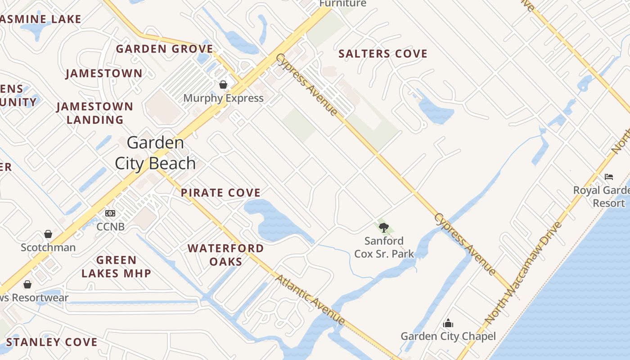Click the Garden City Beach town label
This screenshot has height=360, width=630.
pyautogui.click(x=155, y=153)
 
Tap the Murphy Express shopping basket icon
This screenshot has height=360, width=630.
pyautogui.click(x=223, y=85)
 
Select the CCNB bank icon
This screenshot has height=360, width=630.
pyautogui.click(x=110, y=213)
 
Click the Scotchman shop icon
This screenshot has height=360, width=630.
pyautogui.click(x=48, y=234)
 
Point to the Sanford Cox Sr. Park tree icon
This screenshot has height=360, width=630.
pyautogui.click(x=383, y=228)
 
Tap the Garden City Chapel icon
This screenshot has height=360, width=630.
pyautogui.click(x=448, y=323)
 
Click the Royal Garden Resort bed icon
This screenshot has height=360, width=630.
pyautogui.click(x=609, y=176)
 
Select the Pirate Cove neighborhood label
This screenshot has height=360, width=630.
pyautogui.click(x=220, y=193)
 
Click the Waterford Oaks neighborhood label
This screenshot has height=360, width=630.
pyautogui.click(x=225, y=255)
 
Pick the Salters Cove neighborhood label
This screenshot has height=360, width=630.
pyautogui.click(x=382, y=54)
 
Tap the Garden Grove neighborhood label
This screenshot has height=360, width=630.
pyautogui.click(x=165, y=49)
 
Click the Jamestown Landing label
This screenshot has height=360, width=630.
pyautogui.click(x=94, y=113)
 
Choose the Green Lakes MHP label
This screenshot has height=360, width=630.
pyautogui.click(x=116, y=266)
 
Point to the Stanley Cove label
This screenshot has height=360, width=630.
pyautogui.click(x=52, y=342)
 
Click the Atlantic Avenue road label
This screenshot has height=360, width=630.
pyautogui.click(x=310, y=300)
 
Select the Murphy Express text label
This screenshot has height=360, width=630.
pyautogui.click(x=223, y=98)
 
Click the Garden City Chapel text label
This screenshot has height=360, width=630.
pyautogui.click(x=448, y=336)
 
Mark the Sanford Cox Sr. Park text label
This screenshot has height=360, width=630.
pyautogui.click(x=384, y=247)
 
